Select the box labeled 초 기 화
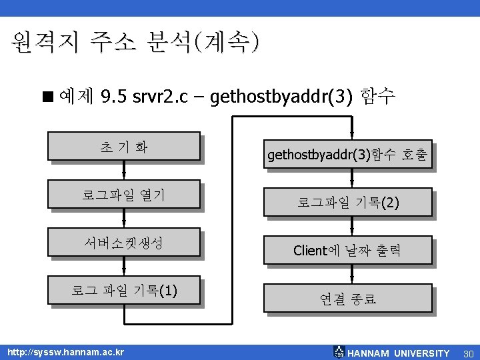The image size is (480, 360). (x=123, y=146)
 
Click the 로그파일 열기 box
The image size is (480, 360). (x=123, y=195)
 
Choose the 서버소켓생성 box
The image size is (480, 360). (x=123, y=243)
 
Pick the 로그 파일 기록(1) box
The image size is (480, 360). (x=123, y=291)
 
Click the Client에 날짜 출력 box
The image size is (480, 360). (x=348, y=251)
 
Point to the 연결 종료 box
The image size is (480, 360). (x=348, y=299)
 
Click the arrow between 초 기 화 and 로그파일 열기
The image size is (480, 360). (x=124, y=171)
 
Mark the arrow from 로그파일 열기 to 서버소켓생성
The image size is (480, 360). (x=124, y=219)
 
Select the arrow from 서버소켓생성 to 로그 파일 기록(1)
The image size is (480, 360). (x=124, y=267)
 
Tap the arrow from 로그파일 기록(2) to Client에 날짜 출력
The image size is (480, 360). (x=351, y=227)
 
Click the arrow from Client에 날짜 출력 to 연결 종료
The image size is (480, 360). (x=351, y=275)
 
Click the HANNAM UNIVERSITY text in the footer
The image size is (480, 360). (x=399, y=353)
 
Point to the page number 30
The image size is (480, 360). (x=467, y=353)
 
